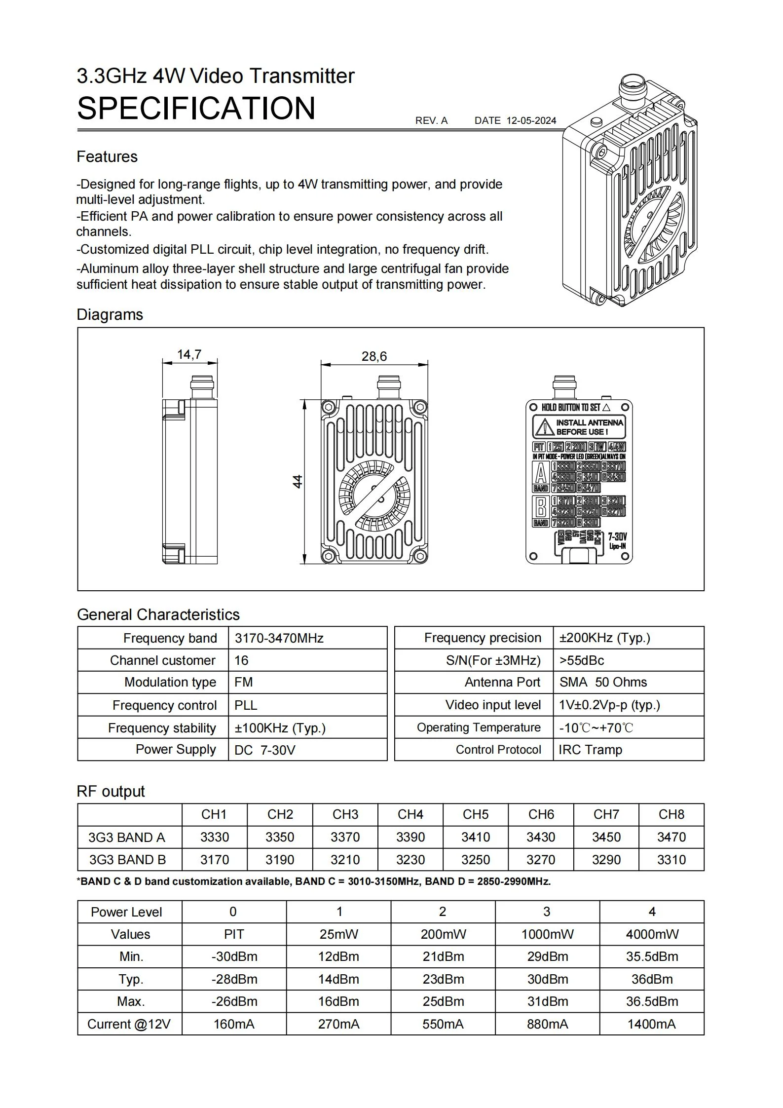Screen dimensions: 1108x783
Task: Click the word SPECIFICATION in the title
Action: pos(196,109)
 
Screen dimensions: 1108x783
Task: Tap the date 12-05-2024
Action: pos(531,121)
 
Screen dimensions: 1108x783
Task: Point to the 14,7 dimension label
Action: pos(189,354)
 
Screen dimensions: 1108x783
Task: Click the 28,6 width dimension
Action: pos(374,356)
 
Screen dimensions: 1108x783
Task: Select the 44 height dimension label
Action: pos(298,481)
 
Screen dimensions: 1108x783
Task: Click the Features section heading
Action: pos(107,157)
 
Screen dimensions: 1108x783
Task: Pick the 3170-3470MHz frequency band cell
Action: pos(279,638)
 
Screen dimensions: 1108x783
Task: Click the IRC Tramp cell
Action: pos(590,750)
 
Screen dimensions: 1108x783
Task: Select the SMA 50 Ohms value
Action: pos(603,682)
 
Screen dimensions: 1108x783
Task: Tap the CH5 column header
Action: pos(475,814)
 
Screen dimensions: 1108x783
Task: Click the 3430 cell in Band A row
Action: pos(541,837)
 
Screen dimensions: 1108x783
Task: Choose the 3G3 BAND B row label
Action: pos(127,860)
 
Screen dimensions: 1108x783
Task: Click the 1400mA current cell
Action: pos(651,1024)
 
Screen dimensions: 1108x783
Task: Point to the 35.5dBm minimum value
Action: pos(652,956)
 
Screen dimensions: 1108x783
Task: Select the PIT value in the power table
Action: pos(234,934)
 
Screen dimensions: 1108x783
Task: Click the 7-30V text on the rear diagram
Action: pos(617,536)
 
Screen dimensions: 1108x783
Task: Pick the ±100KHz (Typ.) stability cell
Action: pos(280,728)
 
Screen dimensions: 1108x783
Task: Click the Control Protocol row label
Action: pos(498,750)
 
